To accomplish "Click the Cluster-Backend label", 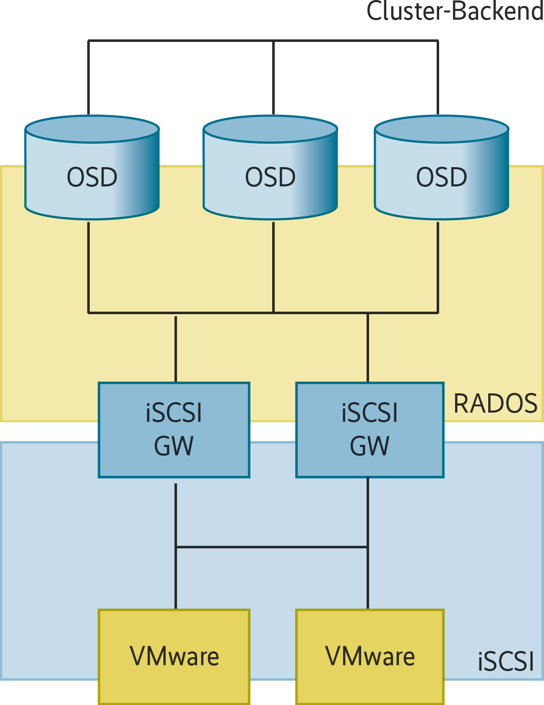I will (x=455, y=11).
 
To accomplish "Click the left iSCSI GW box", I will (x=174, y=430).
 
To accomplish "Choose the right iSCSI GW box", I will (x=370, y=430).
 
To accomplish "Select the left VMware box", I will (x=174, y=656).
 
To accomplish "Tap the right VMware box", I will (x=370, y=656).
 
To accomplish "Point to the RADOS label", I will (x=495, y=404).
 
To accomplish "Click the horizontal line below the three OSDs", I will (x=222, y=312).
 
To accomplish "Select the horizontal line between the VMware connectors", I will (x=272, y=547).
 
